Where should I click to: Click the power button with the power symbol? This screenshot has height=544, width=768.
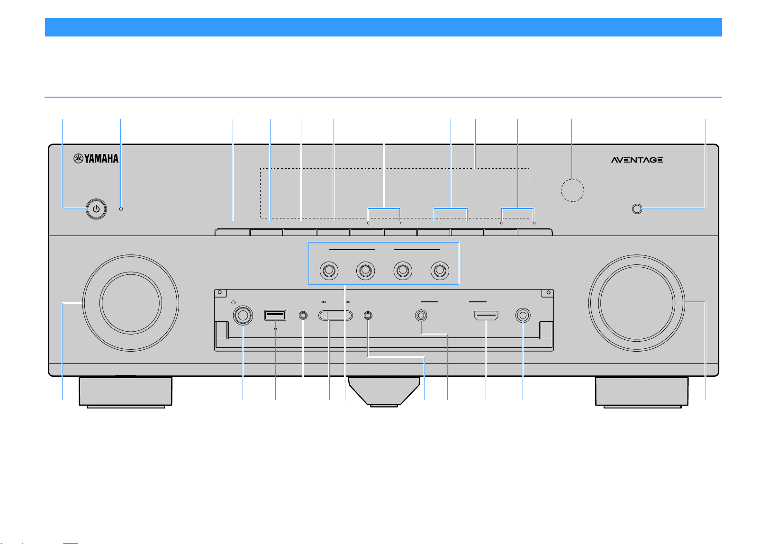tap(96, 209)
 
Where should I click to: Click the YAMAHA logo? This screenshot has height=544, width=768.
tap(96, 158)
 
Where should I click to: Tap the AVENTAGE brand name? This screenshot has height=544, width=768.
tap(637, 160)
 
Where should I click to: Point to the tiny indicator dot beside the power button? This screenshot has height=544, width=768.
tap(121, 209)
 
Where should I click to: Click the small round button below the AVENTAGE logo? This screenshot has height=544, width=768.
tap(637, 209)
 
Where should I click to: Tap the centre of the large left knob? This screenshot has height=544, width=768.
tap(131, 303)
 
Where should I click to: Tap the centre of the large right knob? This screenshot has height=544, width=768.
tap(637, 303)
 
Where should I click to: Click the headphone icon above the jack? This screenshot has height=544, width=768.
tap(234, 302)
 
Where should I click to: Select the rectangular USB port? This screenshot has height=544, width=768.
tap(275, 315)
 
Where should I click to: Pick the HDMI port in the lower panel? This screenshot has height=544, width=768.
tap(486, 315)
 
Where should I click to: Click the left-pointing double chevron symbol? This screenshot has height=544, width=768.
tap(501, 223)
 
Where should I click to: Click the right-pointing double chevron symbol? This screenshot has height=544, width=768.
tap(534, 223)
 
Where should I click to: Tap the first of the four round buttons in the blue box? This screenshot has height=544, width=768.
tap(329, 271)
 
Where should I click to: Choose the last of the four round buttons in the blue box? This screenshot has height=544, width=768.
tap(440, 271)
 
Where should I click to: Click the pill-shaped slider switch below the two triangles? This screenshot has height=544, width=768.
tap(335, 315)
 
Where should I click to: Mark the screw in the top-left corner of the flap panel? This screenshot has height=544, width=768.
tap(220, 292)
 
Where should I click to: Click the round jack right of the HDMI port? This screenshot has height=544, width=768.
tap(523, 315)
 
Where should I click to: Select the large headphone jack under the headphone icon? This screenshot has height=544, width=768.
tap(243, 315)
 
